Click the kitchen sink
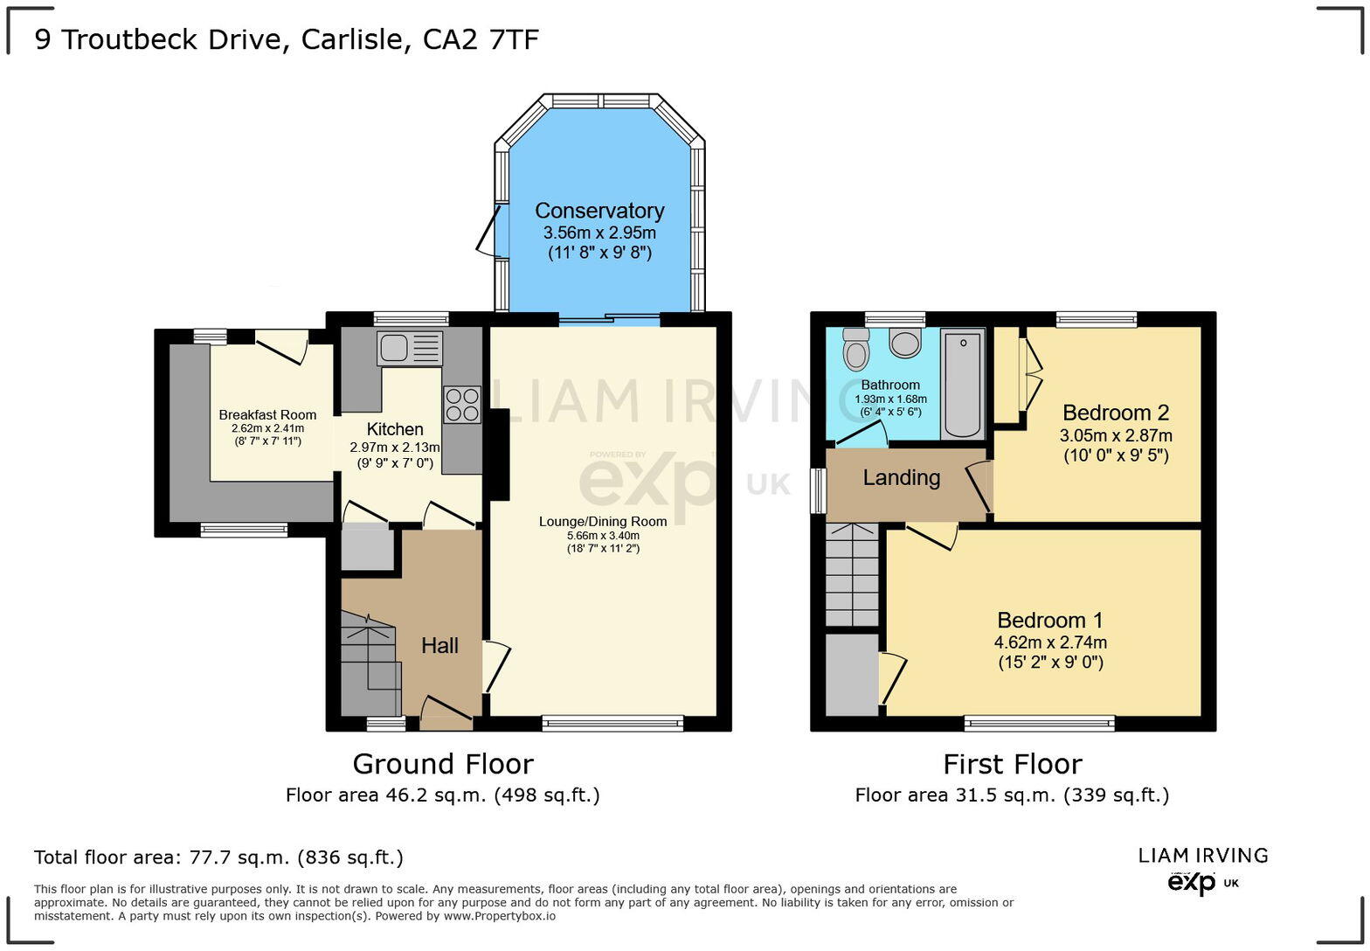(x=409, y=348)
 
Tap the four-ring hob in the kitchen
(x=461, y=405)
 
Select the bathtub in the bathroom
(x=962, y=383)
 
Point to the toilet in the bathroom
(x=855, y=348)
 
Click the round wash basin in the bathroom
(x=905, y=343)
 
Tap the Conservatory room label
(x=599, y=211)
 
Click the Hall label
(x=439, y=646)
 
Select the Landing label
(x=902, y=478)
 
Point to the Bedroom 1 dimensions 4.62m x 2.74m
(x=1050, y=642)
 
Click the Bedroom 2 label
(x=1116, y=413)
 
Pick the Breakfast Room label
(x=267, y=415)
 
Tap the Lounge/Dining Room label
(x=603, y=522)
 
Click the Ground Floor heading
(x=443, y=764)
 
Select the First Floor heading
(x=1012, y=764)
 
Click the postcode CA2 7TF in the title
(x=481, y=40)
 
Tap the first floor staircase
(x=852, y=574)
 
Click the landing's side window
(x=818, y=491)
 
